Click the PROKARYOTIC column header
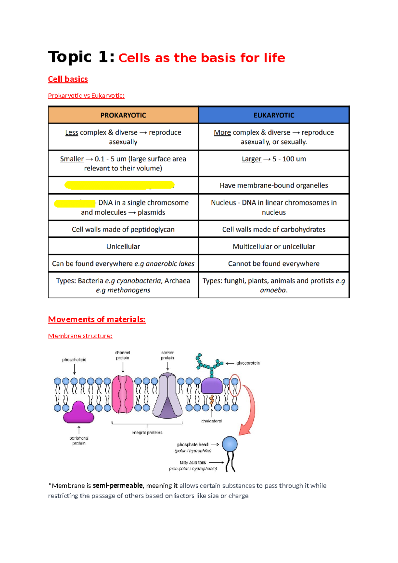[x=123, y=115]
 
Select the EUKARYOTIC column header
[x=274, y=115]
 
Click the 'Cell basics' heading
[x=68, y=79]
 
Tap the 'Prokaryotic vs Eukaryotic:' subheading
[x=86, y=96]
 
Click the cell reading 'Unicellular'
[x=123, y=246]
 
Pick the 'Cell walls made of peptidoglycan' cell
[x=123, y=229]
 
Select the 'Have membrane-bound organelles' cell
[x=274, y=185]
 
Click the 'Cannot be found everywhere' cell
[x=274, y=264]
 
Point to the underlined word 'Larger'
[x=251, y=159]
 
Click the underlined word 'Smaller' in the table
[x=72, y=159]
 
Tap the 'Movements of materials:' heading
[x=97, y=319]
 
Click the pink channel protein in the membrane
[x=123, y=394]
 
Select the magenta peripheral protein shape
[x=79, y=413]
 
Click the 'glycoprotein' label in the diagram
[x=248, y=363]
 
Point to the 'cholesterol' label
[x=212, y=421]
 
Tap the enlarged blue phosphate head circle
[x=230, y=444]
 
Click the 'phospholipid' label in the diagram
[x=74, y=360]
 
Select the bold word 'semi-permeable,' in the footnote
[x=118, y=486]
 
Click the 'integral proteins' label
[x=147, y=433]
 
